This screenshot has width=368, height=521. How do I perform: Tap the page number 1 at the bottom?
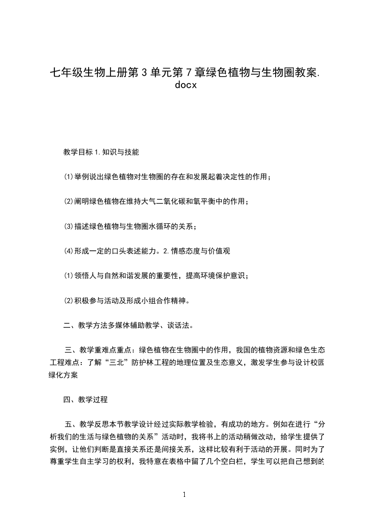[x=184, y=495]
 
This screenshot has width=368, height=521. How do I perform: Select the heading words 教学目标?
[x=78, y=152]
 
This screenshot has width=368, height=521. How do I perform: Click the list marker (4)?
[x=68, y=251]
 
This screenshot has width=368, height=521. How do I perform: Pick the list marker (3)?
[x=68, y=226]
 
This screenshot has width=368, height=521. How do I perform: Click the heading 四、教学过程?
[x=86, y=399]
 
